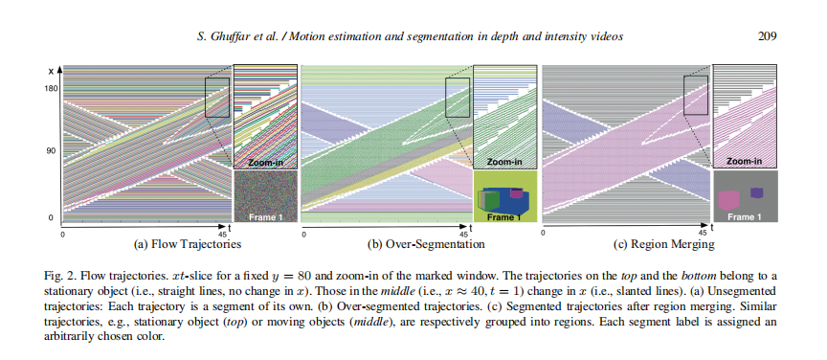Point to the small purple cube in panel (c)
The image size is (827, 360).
[757, 192]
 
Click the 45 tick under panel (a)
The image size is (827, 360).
[222, 234]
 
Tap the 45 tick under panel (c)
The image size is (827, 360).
[703, 234]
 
